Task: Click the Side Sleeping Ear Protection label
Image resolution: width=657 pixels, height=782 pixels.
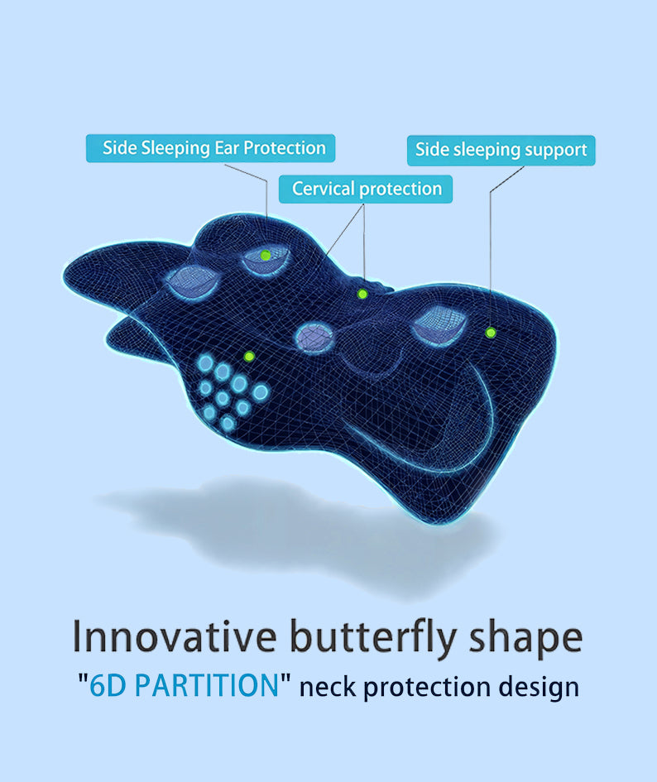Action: point(211,148)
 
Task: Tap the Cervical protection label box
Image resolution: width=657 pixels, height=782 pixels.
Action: point(366,189)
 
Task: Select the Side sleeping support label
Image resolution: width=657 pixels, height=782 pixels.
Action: point(501,150)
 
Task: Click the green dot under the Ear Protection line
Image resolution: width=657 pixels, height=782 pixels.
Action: point(265,255)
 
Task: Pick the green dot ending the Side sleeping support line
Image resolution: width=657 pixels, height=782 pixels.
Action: point(491,332)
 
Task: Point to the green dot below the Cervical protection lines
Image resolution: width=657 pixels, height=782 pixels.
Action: point(362,294)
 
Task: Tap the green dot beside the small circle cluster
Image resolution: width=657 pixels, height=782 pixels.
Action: point(248,356)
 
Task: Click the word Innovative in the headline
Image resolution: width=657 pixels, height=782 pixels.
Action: point(174,637)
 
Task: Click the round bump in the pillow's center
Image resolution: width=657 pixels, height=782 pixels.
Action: point(314,337)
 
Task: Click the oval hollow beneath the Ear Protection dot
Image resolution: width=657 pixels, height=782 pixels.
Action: point(266,263)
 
